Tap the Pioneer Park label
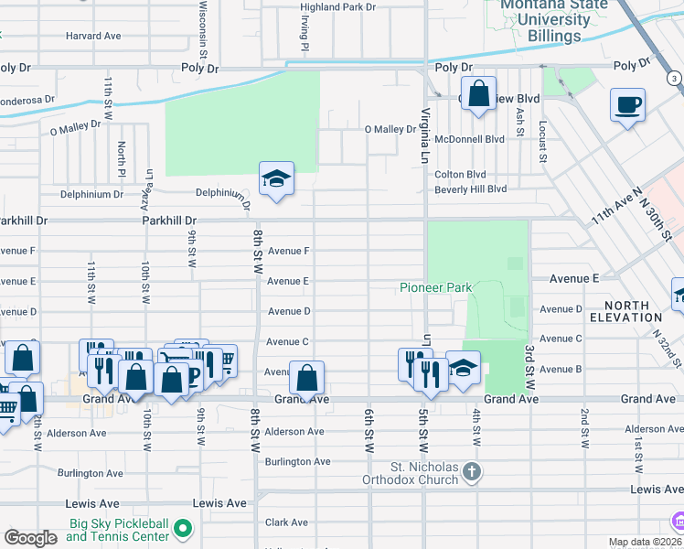coord(435,287)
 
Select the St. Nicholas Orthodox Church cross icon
coord(471,472)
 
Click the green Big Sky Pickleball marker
coord(184,528)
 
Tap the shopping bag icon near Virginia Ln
coord(477,94)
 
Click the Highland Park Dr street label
coord(338,6)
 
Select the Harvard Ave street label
coord(93,36)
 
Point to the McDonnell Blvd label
coord(470,139)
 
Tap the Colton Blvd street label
coord(460,174)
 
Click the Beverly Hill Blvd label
coord(470,188)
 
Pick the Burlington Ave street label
coord(297,461)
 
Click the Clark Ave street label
coord(286,522)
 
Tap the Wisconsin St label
coord(204,26)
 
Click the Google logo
coord(30,537)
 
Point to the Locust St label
coord(542,142)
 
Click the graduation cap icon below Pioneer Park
coord(463,368)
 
